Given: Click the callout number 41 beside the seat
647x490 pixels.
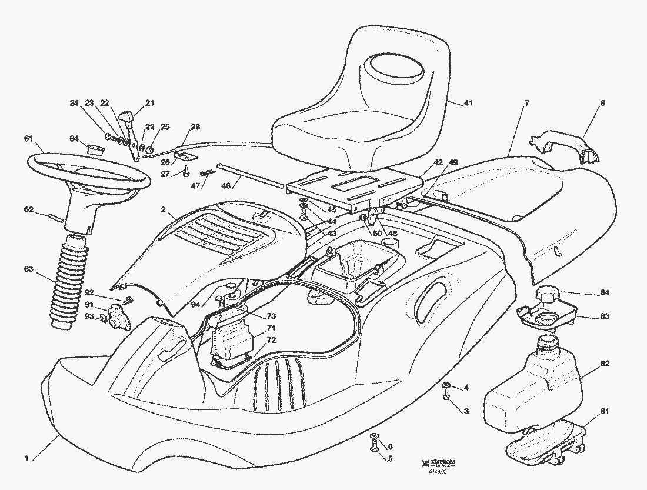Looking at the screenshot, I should tap(468, 103).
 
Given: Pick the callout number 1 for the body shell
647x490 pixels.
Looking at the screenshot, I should tap(26, 458).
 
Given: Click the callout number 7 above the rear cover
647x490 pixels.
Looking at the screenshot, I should tap(526, 103).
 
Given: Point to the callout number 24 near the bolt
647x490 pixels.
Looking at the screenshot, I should tap(74, 103).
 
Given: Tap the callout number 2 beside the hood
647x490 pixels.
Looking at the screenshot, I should tap(163, 209).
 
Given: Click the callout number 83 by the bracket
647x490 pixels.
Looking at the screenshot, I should tap(605, 316).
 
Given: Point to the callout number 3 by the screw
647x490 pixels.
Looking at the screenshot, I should tap(466, 411).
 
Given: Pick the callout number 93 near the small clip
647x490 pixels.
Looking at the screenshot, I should tap(89, 316).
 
